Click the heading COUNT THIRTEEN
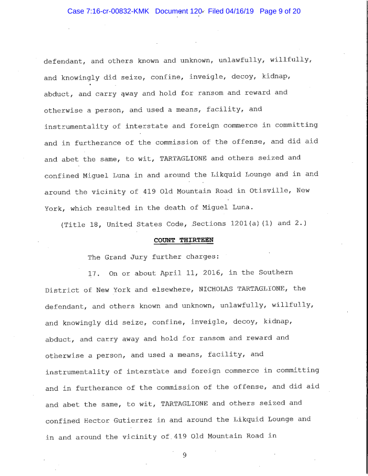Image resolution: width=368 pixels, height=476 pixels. pos(183,240)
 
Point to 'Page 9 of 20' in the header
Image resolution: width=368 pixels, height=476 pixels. pos(280,11)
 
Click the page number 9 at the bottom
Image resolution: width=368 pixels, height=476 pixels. pos(184,455)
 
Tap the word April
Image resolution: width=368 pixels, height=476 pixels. pos(170,273)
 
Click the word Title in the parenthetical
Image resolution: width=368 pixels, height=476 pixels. pos(74,224)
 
